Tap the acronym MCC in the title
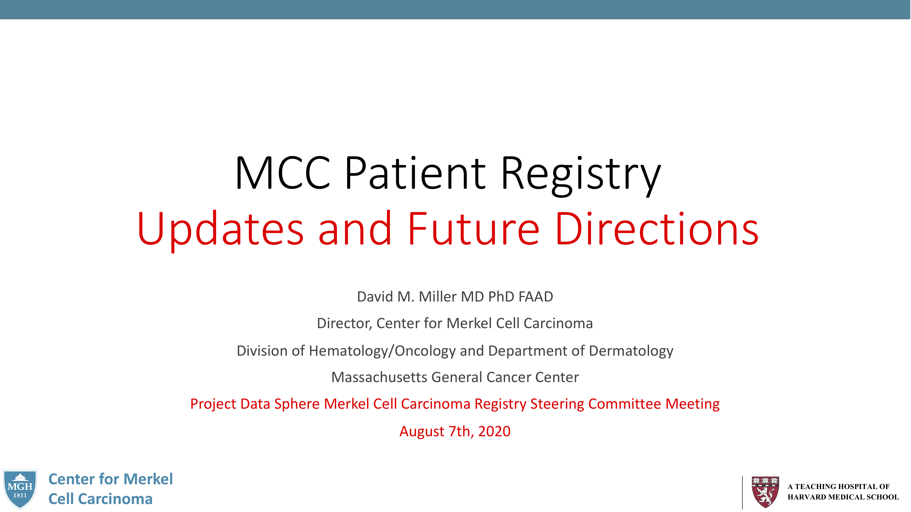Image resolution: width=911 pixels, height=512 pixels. tap(282, 173)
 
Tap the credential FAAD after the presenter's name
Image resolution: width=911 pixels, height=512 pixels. tap(536, 297)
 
